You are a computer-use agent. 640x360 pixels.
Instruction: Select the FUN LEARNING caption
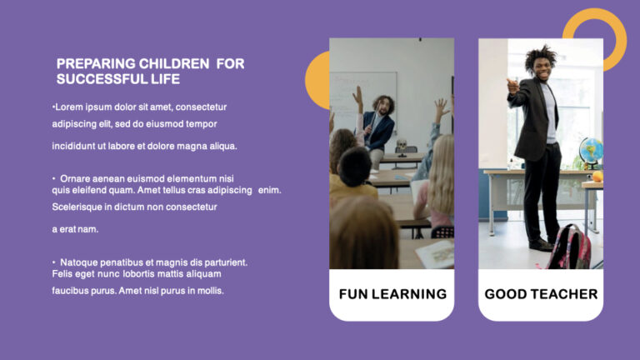pyautogui.click(x=392, y=293)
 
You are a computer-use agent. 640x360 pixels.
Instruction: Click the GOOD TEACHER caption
pyautogui.click(x=541, y=293)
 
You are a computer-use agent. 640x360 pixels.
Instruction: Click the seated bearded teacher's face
pyautogui.click(x=384, y=107)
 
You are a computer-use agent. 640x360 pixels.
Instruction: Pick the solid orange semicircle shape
pyautogui.click(x=317, y=80)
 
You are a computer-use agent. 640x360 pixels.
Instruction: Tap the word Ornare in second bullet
pyautogui.click(x=76, y=178)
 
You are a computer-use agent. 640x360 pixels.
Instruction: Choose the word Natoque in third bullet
pyautogui.click(x=79, y=262)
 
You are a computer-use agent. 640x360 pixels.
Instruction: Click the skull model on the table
pyautogui.click(x=401, y=147)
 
